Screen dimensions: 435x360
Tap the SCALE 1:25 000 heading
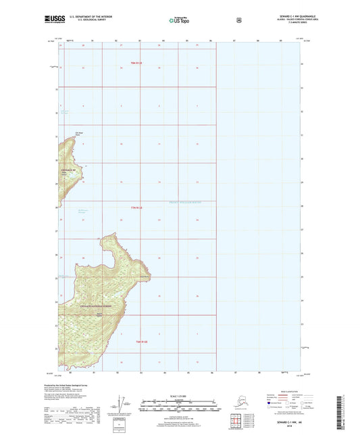click(179, 395)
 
